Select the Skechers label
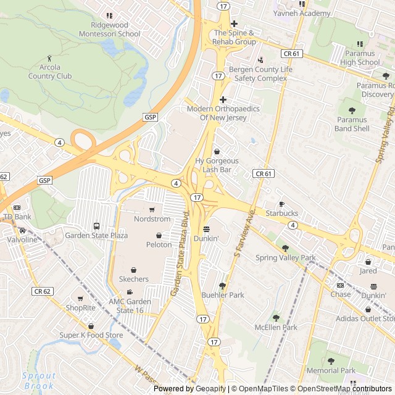tap(133, 279)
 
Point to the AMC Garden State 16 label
tap(130, 306)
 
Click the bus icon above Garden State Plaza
tap(96, 226)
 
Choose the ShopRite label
tap(81, 308)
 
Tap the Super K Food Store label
tap(91, 335)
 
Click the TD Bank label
tap(17, 217)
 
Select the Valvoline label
tap(22, 239)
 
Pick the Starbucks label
tap(281, 214)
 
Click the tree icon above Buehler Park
tap(223, 286)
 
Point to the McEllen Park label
tap(276, 327)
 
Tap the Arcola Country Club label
tap(50, 72)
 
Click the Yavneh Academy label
tap(302, 14)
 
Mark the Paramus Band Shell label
tap(352, 124)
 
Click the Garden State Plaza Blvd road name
tap(178, 254)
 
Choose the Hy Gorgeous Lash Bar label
tap(217, 165)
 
